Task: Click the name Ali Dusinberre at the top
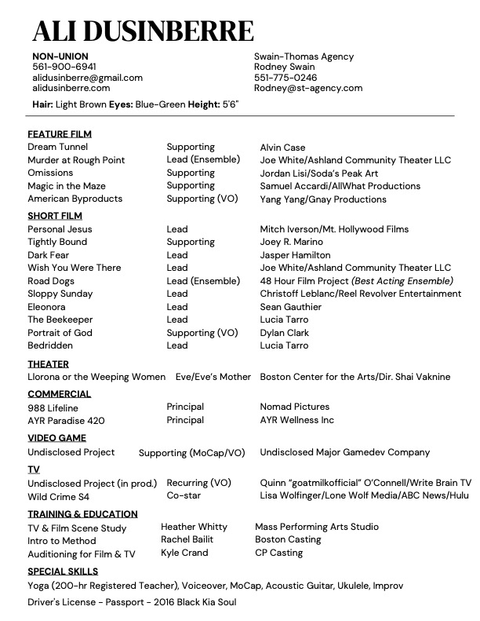tap(143, 31)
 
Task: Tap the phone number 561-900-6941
tap(64, 68)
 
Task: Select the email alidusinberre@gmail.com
tap(87, 78)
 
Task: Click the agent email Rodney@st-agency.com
tap(308, 89)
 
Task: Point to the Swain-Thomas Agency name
tap(304, 57)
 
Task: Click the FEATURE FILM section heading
tap(60, 134)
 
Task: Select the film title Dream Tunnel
tap(58, 147)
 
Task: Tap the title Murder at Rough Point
tap(76, 160)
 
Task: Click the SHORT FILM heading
tap(55, 216)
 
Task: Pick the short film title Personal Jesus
tap(60, 229)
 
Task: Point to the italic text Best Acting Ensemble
tap(402, 281)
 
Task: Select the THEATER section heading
tap(49, 364)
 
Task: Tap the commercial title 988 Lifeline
tap(53, 408)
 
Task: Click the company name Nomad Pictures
tap(295, 407)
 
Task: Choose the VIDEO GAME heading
tap(57, 438)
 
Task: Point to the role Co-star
tap(184, 496)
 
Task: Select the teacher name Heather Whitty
tap(194, 527)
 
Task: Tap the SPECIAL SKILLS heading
tap(63, 572)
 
